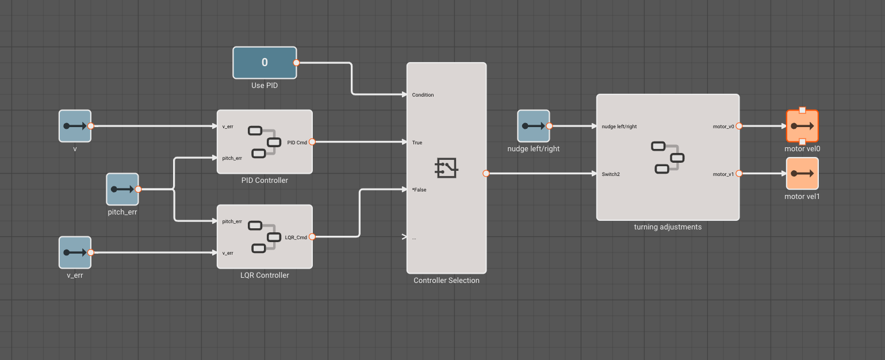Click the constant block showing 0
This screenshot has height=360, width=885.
[265, 63]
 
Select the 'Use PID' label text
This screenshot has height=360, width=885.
[265, 86]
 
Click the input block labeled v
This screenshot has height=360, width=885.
[75, 126]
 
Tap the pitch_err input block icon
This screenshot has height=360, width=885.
[122, 189]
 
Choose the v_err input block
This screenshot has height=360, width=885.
[75, 252]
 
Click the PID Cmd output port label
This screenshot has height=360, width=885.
[297, 142]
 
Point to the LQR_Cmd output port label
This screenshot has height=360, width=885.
[296, 237]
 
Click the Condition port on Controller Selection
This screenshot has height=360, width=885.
[423, 95]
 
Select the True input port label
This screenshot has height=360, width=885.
[417, 143]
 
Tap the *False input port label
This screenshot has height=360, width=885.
[419, 190]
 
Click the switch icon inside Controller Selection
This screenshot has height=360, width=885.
[446, 167]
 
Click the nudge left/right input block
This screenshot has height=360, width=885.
[533, 126]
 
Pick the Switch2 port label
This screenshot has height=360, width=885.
[611, 174]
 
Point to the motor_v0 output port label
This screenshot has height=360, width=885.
[723, 127]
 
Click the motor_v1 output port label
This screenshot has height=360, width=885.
[723, 174]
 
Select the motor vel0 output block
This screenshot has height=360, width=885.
[802, 126]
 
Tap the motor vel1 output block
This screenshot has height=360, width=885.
[802, 173]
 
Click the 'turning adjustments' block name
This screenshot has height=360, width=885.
[668, 227]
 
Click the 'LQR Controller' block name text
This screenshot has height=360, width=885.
[265, 275]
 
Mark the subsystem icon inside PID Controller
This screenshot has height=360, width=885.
[262, 141]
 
